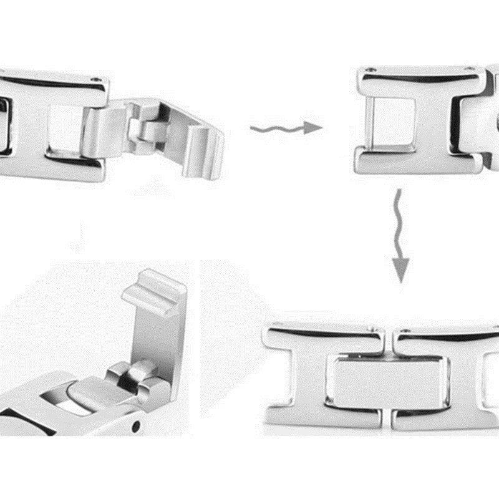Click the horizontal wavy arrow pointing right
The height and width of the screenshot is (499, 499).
286,128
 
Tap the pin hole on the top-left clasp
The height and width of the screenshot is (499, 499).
95,80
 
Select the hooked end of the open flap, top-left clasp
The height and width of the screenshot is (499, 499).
206,150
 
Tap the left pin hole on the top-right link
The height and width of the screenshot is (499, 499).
372,70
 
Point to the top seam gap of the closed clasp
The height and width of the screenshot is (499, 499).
388,340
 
